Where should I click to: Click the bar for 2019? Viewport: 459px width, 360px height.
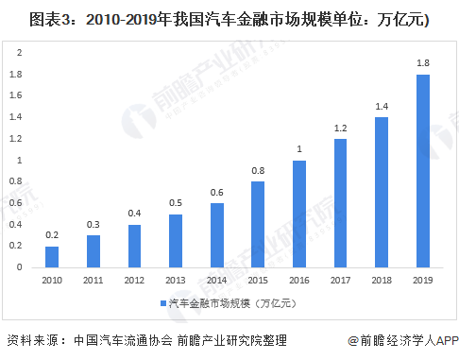click(x=423, y=171)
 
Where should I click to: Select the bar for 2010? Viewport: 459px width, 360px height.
click(x=52, y=256)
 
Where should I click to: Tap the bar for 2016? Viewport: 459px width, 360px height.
click(x=299, y=214)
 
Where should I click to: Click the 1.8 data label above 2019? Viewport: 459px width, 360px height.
click(x=423, y=63)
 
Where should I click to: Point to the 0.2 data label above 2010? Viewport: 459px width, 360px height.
click(x=52, y=235)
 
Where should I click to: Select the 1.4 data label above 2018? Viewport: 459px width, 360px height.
click(x=382, y=107)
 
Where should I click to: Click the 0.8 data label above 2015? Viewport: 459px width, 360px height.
click(x=258, y=171)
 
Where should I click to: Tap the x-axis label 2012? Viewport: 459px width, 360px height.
click(x=134, y=281)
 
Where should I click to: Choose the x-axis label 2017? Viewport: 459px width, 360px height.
click(x=340, y=281)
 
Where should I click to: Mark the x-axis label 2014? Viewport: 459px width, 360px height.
click(x=216, y=281)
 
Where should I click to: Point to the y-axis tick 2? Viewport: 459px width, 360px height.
click(x=19, y=53)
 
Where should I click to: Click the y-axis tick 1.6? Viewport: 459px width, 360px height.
click(x=16, y=95)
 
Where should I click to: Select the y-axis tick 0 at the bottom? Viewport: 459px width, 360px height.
click(x=19, y=267)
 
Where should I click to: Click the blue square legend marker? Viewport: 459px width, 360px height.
click(x=161, y=303)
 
